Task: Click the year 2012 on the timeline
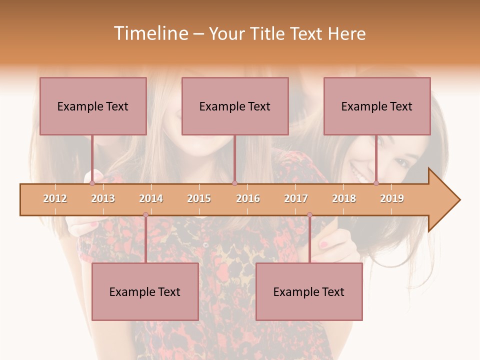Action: (x=55, y=199)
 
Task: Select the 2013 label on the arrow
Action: (x=103, y=199)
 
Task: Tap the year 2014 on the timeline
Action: (x=151, y=199)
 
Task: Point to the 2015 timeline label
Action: (x=199, y=199)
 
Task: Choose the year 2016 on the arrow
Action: (x=248, y=199)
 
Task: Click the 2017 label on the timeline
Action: (x=296, y=199)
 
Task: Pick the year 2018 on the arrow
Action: (x=344, y=199)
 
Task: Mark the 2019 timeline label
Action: (x=392, y=199)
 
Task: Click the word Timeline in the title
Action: (x=150, y=34)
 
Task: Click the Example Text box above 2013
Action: (x=93, y=106)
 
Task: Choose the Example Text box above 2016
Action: (x=235, y=106)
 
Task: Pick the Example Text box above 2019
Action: (x=377, y=106)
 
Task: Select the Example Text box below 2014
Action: (x=145, y=291)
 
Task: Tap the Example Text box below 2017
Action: (x=309, y=291)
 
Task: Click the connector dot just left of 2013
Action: (x=92, y=183)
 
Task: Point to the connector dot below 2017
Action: (x=309, y=215)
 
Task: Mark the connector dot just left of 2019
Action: (x=376, y=183)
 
